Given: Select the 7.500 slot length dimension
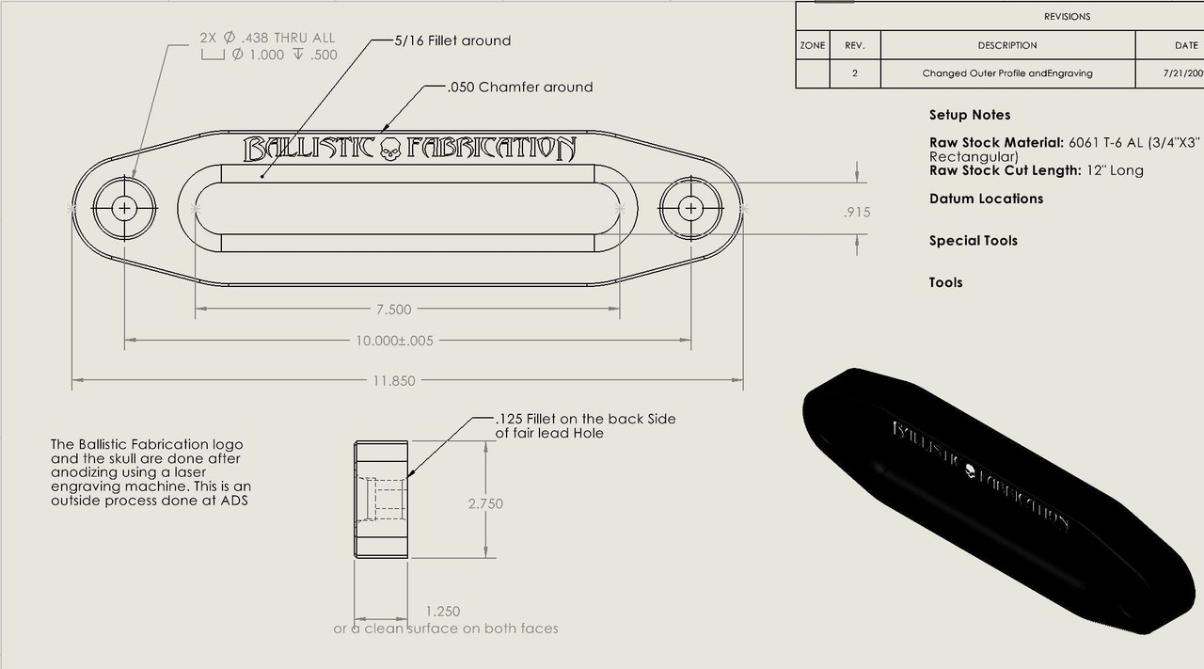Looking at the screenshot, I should click(x=392, y=310).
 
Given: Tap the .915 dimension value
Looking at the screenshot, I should click(x=856, y=213).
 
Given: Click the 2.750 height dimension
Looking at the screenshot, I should click(x=485, y=503).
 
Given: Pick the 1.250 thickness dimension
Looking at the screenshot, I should click(x=442, y=612).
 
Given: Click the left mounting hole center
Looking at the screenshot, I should click(x=124, y=209).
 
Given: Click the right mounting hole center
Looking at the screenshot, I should click(x=691, y=209).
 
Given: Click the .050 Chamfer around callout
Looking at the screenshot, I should click(x=521, y=88).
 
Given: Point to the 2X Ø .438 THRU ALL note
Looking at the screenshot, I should click(x=267, y=39).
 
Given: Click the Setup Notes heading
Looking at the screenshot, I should click(x=969, y=115).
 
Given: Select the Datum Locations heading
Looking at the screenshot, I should click(x=986, y=199).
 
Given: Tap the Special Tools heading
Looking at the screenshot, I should click(x=973, y=241).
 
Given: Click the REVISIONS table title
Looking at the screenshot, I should click(x=1067, y=17).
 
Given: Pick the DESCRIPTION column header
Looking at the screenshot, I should click(x=1006, y=45).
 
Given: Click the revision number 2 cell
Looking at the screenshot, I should click(x=854, y=73).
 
